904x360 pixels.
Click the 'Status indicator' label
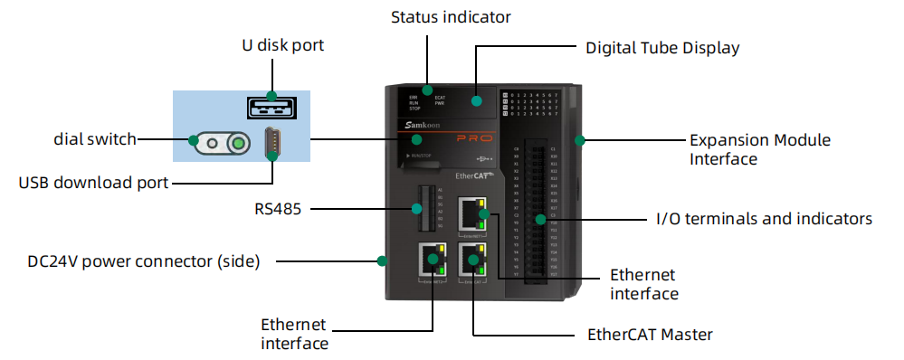click(x=451, y=17)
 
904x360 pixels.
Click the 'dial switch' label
click(x=94, y=139)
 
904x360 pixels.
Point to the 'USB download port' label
click(x=93, y=183)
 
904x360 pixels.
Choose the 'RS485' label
click(x=278, y=210)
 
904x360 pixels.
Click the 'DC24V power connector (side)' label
click(x=144, y=261)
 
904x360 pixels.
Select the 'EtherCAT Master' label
click(x=650, y=335)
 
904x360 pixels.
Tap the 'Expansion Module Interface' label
click(x=760, y=149)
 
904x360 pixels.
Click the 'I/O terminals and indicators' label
click(x=764, y=219)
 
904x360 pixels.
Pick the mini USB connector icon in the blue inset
click(x=271, y=144)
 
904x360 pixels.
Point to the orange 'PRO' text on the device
click(x=472, y=140)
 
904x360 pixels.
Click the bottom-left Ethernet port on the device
click(x=431, y=260)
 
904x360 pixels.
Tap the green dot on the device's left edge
click(x=383, y=261)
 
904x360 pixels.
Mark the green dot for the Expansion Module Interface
click(x=580, y=140)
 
